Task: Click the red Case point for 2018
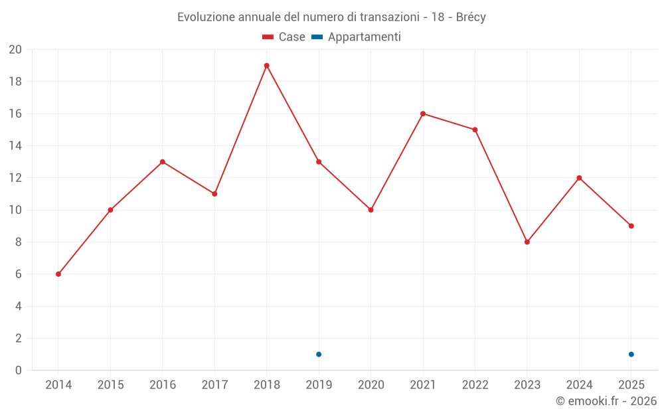(x=266, y=66)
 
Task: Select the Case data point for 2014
(x=58, y=274)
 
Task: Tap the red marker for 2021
(x=423, y=114)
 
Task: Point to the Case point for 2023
(x=527, y=242)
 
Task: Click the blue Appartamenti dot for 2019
(x=319, y=354)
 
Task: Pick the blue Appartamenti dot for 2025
(x=631, y=354)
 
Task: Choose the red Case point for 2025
(x=631, y=226)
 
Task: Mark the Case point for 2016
(x=163, y=162)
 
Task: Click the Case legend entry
(x=284, y=37)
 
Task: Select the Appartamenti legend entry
(x=357, y=37)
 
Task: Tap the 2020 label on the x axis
(x=371, y=385)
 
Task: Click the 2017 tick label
(x=214, y=385)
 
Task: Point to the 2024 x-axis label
(x=579, y=385)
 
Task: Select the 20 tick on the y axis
(x=15, y=50)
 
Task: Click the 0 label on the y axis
(x=19, y=371)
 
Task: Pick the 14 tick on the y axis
(x=15, y=146)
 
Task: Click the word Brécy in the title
(x=471, y=17)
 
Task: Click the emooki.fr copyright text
(x=606, y=401)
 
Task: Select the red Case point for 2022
(x=475, y=129)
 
